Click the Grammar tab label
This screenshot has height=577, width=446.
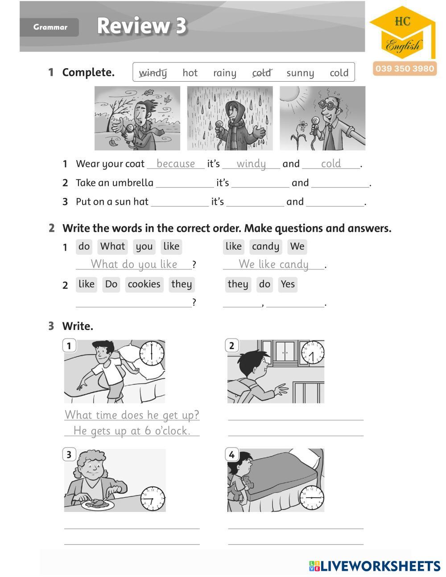click(50, 27)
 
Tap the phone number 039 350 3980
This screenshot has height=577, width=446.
click(405, 69)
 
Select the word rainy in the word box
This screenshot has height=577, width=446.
click(225, 73)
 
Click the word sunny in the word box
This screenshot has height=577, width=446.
click(300, 73)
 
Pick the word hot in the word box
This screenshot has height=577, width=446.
click(190, 73)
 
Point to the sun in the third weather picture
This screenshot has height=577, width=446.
click(292, 95)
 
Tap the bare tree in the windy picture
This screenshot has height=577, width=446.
click(107, 111)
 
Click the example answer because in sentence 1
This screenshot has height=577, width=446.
click(176, 164)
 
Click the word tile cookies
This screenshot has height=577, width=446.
click(144, 284)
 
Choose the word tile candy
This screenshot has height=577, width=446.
click(265, 247)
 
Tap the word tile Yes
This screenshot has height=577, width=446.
click(288, 284)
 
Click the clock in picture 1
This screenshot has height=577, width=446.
click(152, 353)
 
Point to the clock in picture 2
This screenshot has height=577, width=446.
click(312, 353)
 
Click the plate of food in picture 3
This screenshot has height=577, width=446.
click(97, 504)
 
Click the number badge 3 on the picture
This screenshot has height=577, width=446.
click(69, 454)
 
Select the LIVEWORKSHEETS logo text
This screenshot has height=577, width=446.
click(375, 566)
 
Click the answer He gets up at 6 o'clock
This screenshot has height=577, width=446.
click(132, 431)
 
